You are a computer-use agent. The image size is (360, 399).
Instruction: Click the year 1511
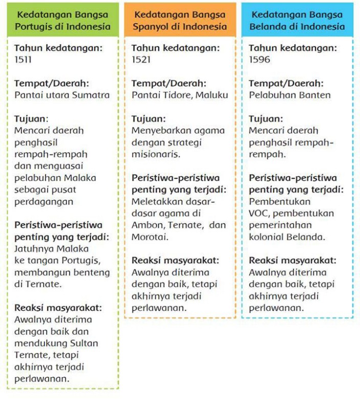[23, 59]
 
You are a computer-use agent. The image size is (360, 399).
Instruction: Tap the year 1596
[259, 59]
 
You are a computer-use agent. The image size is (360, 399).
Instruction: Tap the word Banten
[315, 95]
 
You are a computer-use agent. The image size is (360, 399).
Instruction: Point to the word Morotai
[149, 237]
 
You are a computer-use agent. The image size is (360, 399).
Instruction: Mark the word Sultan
[83, 343]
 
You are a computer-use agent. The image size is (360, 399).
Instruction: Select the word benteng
[94, 273]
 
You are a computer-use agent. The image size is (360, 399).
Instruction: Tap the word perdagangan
[44, 202]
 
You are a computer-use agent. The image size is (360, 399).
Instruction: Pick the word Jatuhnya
[32, 249]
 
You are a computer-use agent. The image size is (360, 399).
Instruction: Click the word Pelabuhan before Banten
[269, 95]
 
